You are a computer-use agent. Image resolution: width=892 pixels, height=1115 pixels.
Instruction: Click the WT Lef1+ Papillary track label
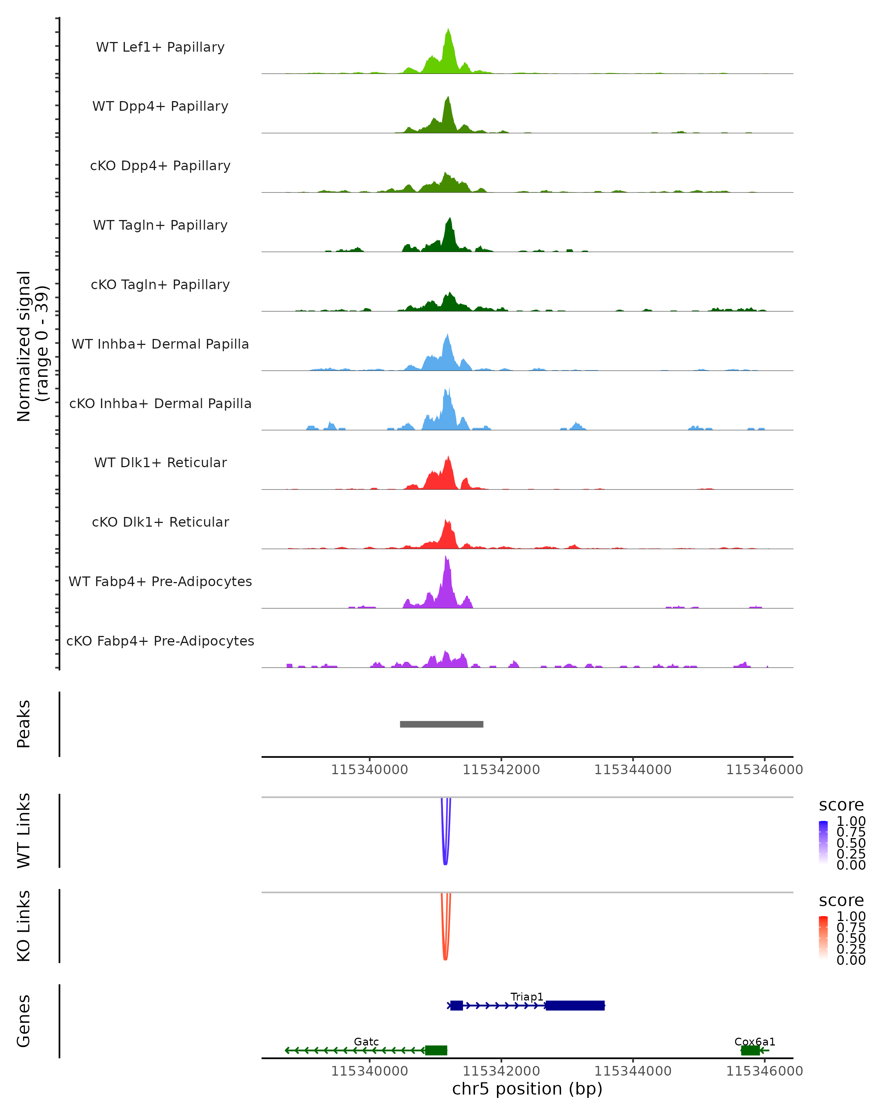(160, 47)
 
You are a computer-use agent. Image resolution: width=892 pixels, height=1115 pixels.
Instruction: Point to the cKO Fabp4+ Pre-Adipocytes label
(160, 641)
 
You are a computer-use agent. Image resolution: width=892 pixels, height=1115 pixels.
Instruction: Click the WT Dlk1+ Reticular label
(160, 462)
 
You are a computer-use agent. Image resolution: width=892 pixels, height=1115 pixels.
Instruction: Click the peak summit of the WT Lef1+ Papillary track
(448, 29)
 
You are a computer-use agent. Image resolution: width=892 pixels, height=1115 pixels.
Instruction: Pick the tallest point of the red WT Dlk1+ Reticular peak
(448, 457)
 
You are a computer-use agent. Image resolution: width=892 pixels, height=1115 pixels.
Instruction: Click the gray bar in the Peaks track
(441, 724)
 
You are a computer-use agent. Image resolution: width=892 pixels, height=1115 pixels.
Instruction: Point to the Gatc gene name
(366, 1041)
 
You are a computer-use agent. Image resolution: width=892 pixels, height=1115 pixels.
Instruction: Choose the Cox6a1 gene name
(754, 1041)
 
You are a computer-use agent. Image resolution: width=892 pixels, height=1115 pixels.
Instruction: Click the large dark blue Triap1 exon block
(575, 1005)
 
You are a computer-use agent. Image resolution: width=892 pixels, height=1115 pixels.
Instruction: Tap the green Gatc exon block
(436, 1050)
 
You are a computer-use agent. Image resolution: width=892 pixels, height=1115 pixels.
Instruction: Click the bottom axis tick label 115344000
(633, 1071)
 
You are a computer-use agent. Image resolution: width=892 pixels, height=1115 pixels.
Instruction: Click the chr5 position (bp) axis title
(527, 1089)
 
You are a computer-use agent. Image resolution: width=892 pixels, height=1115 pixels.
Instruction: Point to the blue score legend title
(841, 805)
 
